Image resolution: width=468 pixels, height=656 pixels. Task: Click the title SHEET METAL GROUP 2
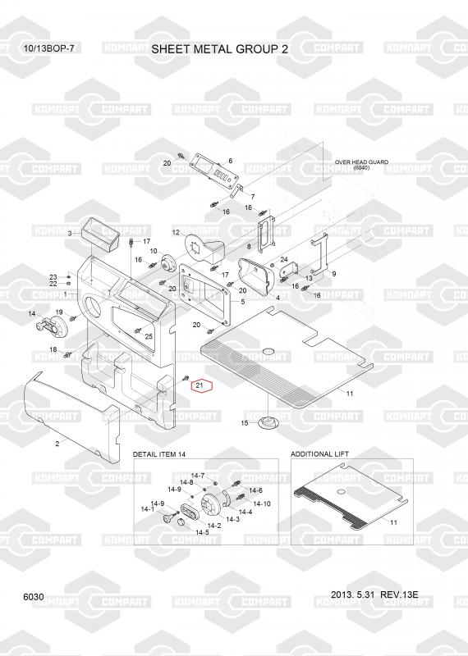click(x=219, y=49)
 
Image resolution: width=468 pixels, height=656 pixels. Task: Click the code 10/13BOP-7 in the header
click(x=49, y=48)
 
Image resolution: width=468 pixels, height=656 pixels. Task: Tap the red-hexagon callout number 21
click(x=200, y=385)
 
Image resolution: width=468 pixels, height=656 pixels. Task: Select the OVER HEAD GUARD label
click(x=361, y=162)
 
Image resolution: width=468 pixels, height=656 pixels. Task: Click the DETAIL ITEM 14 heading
click(x=158, y=454)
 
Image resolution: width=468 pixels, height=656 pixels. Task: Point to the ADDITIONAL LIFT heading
click(x=319, y=454)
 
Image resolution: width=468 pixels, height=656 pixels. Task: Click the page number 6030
click(x=34, y=597)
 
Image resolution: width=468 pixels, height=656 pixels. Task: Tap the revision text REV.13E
click(x=399, y=594)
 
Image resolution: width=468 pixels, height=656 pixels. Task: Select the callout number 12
click(x=176, y=232)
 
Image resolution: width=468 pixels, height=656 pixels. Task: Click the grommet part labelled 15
click(x=267, y=422)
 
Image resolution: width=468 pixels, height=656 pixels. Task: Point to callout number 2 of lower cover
click(x=57, y=444)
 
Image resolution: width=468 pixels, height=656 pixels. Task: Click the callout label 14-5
click(x=202, y=532)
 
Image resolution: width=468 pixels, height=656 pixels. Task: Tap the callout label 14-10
click(x=262, y=503)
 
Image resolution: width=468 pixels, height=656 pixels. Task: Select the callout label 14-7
click(x=197, y=476)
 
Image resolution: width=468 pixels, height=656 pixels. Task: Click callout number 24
click(x=283, y=260)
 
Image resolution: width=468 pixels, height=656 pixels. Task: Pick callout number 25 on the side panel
click(x=149, y=336)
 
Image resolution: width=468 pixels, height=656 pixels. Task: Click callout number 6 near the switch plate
click(x=230, y=161)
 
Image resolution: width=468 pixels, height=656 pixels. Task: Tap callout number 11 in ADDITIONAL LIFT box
click(x=393, y=522)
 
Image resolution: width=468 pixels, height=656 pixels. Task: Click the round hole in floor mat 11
click(x=268, y=350)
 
